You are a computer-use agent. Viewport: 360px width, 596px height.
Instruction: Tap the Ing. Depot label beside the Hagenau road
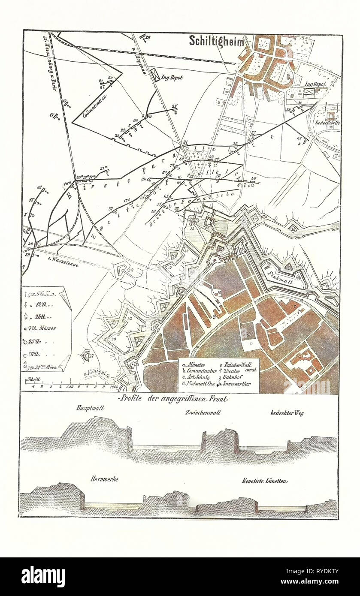pyautogui.click(x=171, y=78)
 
